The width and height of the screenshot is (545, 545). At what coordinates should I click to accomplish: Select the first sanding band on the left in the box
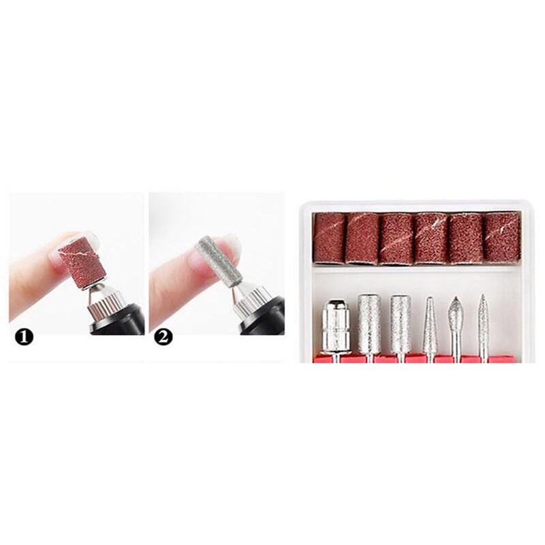[329, 237]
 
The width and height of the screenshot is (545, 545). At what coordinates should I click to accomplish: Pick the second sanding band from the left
[362, 238]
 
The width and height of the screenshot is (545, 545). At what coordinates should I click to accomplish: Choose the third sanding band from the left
[396, 239]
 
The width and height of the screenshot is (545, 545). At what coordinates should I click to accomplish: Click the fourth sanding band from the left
[432, 238]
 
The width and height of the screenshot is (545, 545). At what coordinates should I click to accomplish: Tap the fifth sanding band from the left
[467, 238]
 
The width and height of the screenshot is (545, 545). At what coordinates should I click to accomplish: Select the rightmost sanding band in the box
[502, 237]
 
